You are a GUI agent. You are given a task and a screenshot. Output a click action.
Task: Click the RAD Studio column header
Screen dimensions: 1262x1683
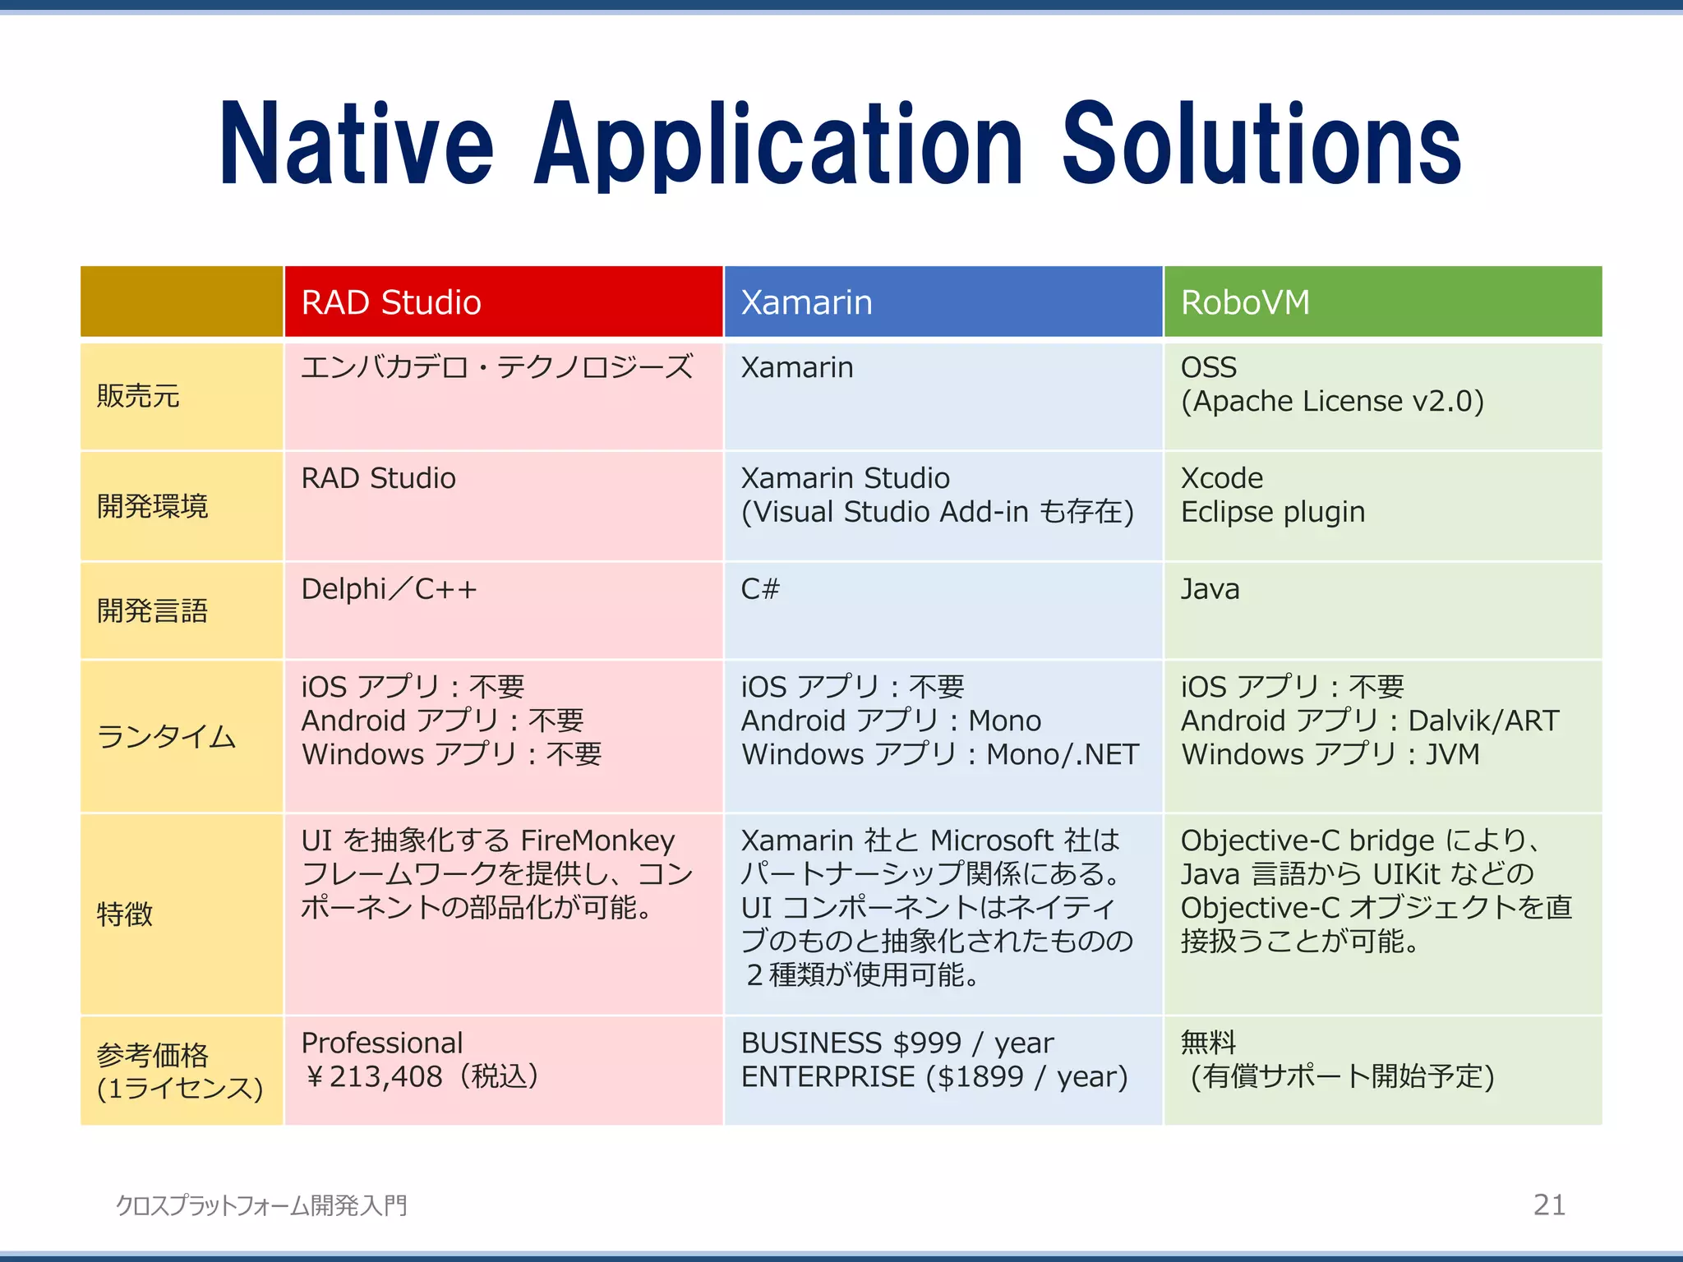tap(391, 302)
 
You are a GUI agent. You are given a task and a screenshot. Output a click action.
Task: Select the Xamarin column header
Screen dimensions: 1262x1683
tap(806, 302)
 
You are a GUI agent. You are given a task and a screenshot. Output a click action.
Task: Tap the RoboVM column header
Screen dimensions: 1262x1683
tap(1245, 302)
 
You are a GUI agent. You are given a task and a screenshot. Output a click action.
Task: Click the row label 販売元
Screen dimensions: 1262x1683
tap(137, 396)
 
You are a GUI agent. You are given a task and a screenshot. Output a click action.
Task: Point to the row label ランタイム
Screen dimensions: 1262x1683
tap(166, 736)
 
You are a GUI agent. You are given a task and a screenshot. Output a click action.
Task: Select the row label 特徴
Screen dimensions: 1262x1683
tap(125, 914)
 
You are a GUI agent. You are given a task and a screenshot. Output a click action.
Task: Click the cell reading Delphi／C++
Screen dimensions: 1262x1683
tap(389, 589)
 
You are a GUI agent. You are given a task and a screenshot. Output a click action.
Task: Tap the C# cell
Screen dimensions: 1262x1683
tap(760, 589)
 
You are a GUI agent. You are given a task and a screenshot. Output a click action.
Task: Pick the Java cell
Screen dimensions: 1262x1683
tap(1210, 589)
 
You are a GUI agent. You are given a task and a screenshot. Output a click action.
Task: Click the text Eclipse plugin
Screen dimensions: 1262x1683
tap(1272, 512)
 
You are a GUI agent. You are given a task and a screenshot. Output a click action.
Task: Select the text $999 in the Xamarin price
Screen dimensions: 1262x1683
tap(926, 1043)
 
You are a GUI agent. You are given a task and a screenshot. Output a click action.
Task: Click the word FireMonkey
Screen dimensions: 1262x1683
tap(597, 841)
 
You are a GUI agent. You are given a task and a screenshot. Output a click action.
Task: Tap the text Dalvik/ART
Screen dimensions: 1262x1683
tap(1482, 721)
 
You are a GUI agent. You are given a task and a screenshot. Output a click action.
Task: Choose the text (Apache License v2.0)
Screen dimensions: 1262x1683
tap(1332, 401)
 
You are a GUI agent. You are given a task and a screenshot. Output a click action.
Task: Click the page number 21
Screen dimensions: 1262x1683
tap(1549, 1204)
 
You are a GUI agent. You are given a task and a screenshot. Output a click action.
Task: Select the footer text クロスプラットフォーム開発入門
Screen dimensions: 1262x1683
tap(261, 1205)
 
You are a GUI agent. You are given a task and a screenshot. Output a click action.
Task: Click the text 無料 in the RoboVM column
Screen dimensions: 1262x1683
tap(1208, 1043)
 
